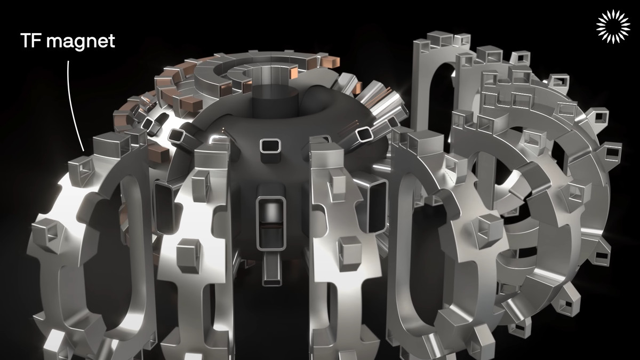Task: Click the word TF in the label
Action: click(30, 41)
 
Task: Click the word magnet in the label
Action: click(81, 42)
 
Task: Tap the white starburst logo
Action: click(613, 27)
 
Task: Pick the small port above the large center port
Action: click(270, 147)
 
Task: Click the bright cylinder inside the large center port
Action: click(270, 213)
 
